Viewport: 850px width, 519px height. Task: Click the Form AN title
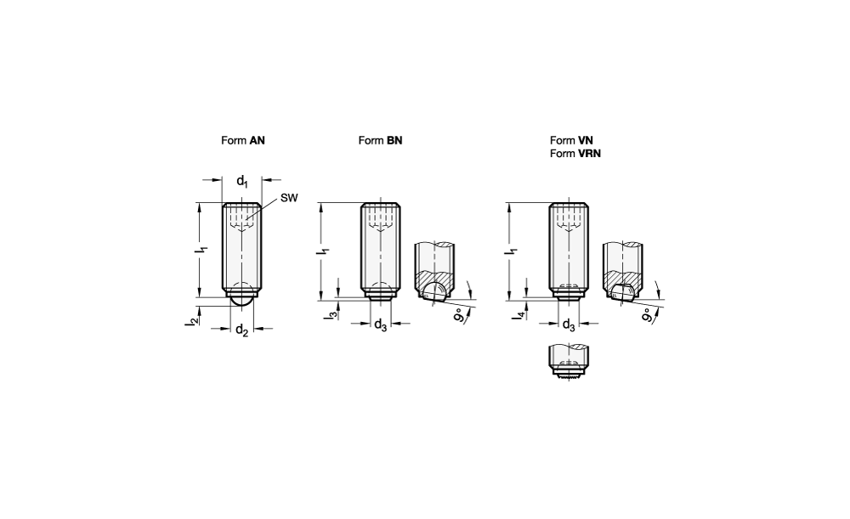(x=243, y=140)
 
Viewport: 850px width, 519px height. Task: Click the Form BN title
(x=380, y=140)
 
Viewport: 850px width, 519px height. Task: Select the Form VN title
(x=571, y=140)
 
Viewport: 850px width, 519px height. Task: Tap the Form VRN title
(x=575, y=153)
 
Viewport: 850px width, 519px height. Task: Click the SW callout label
(x=289, y=198)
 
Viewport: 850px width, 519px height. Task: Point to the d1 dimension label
(x=242, y=181)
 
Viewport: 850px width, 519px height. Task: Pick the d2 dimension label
(x=241, y=330)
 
